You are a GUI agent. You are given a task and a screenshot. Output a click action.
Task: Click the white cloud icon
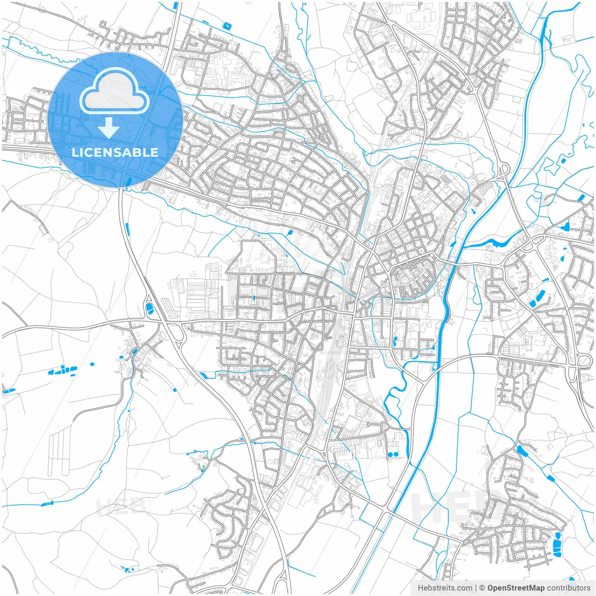click(x=115, y=91)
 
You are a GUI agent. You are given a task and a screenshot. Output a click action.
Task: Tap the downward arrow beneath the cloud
click(x=109, y=128)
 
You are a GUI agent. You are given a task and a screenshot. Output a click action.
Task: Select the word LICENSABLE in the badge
click(x=115, y=152)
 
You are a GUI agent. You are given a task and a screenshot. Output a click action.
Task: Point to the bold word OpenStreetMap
click(x=515, y=588)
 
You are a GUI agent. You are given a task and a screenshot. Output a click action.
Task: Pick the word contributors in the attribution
click(x=568, y=588)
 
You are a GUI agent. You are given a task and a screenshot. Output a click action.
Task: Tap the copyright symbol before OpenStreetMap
click(x=482, y=588)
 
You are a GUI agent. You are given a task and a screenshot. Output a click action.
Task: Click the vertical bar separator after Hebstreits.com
click(x=476, y=588)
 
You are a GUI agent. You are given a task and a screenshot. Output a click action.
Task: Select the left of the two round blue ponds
click(x=390, y=454)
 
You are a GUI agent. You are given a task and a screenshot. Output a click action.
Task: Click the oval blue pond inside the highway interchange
click(x=150, y=308)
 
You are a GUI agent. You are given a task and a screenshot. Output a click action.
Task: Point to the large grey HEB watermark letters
click(x=456, y=508)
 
